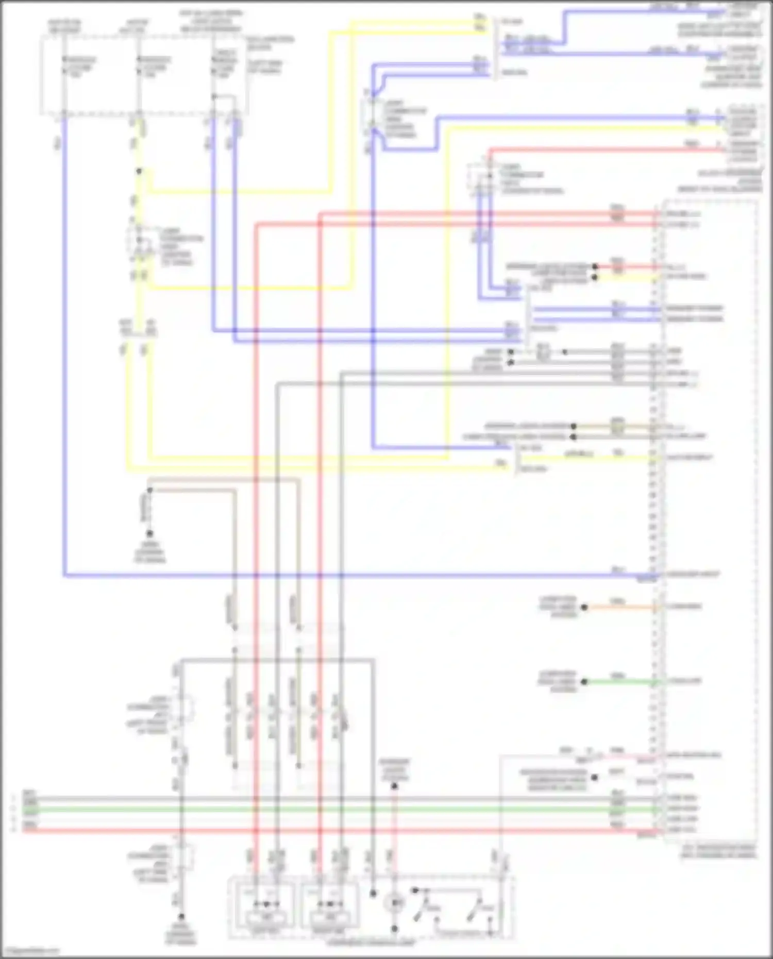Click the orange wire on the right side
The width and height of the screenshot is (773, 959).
[618, 608]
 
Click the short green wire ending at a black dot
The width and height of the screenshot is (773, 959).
[618, 682]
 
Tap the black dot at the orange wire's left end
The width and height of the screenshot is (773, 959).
[584, 608]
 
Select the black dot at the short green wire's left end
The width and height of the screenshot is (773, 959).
[584, 682]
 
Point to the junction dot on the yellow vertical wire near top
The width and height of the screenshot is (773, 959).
[138, 172]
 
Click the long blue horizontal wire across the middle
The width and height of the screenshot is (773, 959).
[361, 575]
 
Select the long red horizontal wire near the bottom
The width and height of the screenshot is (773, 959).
[361, 831]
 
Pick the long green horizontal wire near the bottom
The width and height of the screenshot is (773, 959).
[361, 810]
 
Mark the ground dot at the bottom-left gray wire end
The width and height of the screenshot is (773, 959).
[181, 917]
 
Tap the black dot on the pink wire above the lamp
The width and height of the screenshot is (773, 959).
[395, 786]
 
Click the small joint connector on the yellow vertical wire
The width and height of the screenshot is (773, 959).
[138, 242]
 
